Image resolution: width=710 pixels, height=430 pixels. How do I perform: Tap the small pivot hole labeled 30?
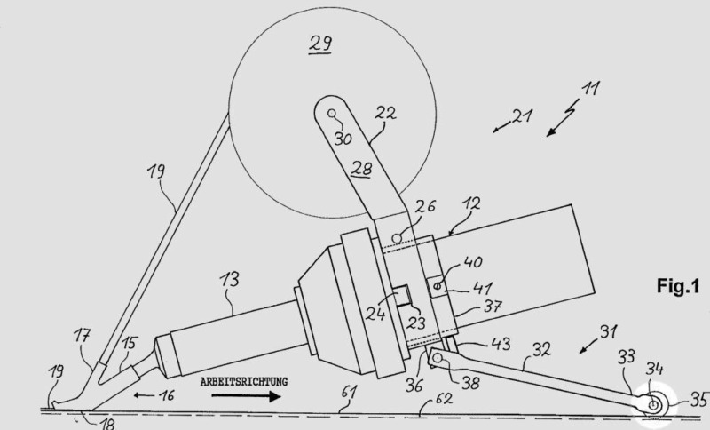[x=332, y=114]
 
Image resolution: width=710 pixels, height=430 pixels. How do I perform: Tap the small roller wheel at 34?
[x=654, y=406]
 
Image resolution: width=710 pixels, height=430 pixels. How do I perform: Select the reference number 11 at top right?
[x=590, y=90]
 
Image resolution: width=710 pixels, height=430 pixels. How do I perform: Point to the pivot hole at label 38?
[x=438, y=358]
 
